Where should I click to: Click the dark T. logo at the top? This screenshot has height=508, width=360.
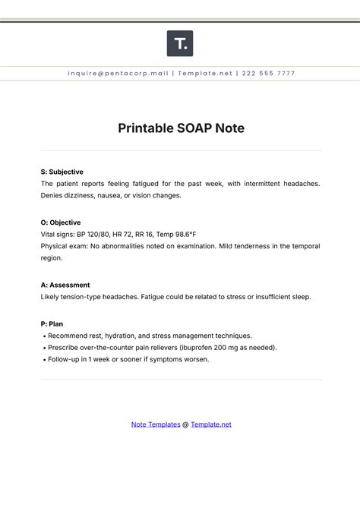click(x=180, y=43)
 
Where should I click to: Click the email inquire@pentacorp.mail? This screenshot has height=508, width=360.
click(x=118, y=74)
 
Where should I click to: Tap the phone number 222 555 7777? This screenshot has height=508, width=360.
click(x=269, y=74)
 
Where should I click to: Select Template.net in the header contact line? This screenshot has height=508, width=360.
click(x=206, y=74)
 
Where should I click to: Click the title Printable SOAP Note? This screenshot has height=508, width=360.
click(x=180, y=128)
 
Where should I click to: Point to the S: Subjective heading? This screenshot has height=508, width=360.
click(x=62, y=172)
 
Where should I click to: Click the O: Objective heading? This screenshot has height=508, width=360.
click(x=61, y=222)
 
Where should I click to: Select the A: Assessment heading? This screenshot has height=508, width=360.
click(x=65, y=285)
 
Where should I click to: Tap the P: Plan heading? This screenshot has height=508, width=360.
click(x=52, y=323)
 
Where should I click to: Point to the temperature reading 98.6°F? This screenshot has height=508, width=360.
click(x=184, y=235)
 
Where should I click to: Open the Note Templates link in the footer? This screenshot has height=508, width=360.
click(x=156, y=424)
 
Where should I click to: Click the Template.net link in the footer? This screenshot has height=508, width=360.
click(x=211, y=424)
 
